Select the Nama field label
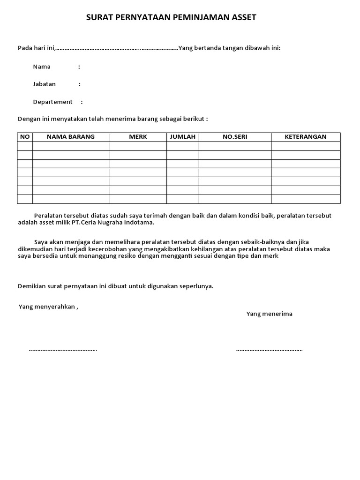click(x=42, y=67)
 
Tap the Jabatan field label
click(x=45, y=84)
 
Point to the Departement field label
click(x=52, y=102)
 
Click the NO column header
click(x=25, y=137)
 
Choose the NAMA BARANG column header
click(x=71, y=137)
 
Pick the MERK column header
click(x=138, y=137)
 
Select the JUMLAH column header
click(x=183, y=137)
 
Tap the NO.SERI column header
click(x=235, y=137)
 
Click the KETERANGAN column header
click(x=306, y=137)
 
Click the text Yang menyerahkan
click(x=47, y=307)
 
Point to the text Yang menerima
click(x=270, y=314)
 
